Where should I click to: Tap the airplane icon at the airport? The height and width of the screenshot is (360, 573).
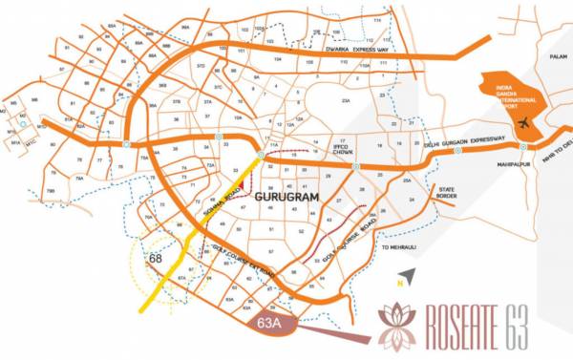point(522,124)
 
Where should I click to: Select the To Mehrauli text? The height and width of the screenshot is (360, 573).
point(399,247)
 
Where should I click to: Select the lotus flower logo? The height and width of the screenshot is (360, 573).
point(397,325)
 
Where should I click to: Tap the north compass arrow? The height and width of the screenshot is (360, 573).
point(411,275)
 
